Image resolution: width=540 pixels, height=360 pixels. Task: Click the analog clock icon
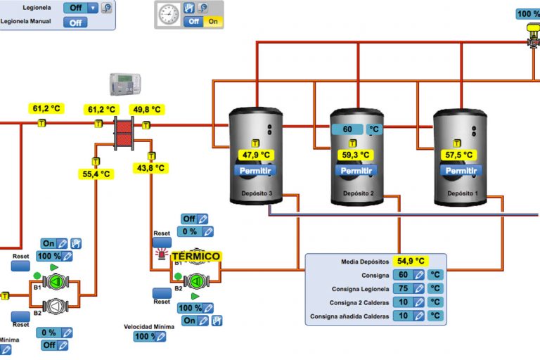tap(168, 14)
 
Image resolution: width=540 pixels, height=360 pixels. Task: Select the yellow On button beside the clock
tap(213, 22)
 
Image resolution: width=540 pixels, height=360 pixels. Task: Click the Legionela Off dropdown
tap(80, 8)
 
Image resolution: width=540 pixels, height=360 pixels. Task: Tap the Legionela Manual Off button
tap(75, 22)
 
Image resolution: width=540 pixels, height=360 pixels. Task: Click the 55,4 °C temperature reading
tap(96, 174)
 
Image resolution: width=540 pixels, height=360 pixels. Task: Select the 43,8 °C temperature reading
tap(150, 168)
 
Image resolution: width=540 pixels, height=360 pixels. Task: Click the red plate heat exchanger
tap(124, 131)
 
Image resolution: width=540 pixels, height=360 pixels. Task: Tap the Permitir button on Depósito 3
tap(255, 170)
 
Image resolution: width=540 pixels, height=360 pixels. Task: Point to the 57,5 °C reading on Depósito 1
tap(460, 155)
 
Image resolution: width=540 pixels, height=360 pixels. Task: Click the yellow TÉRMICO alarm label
tap(195, 257)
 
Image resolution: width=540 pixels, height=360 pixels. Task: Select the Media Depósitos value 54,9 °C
tap(411, 261)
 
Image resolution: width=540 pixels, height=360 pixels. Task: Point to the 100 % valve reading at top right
tap(527, 13)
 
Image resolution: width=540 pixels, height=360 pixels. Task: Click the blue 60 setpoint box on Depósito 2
tap(347, 129)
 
